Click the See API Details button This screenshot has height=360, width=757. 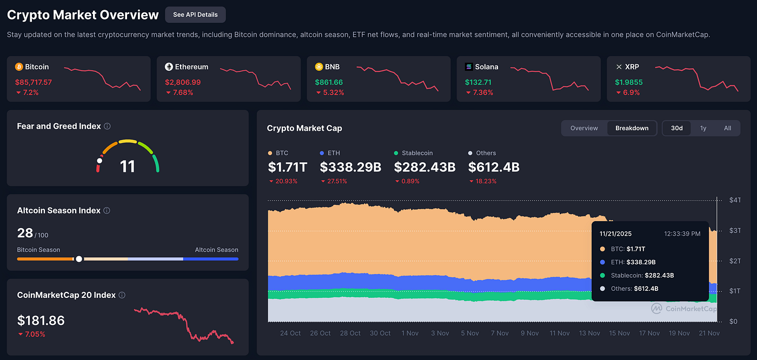[x=195, y=15]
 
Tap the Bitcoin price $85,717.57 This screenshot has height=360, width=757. [x=34, y=82]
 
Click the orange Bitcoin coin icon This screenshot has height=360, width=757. [x=19, y=67]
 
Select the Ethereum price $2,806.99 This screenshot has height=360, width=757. [x=183, y=82]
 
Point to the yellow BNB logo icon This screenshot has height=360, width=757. [x=319, y=67]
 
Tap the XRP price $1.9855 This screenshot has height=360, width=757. [x=629, y=82]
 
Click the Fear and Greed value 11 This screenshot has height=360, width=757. [x=128, y=166]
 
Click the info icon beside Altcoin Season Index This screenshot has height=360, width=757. [x=107, y=211]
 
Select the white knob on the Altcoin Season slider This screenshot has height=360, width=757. [x=79, y=259]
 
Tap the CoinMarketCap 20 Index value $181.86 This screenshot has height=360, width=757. [x=41, y=321]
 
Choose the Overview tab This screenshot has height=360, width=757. [x=584, y=128]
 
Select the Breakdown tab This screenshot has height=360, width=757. [x=632, y=128]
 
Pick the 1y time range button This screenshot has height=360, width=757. [x=703, y=128]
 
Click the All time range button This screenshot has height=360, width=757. [x=727, y=128]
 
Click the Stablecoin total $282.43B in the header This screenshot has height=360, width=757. [x=424, y=168]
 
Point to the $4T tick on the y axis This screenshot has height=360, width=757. [x=734, y=201]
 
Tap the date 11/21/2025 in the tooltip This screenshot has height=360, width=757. [x=615, y=234]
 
